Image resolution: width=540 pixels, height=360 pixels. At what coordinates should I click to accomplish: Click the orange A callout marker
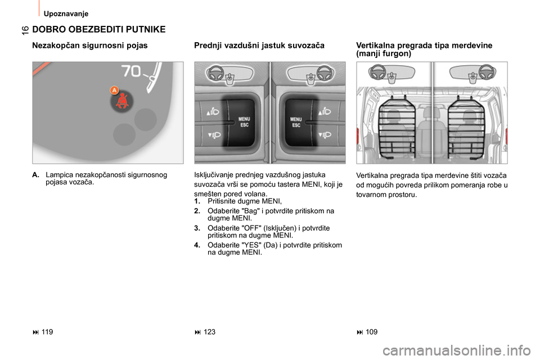coord(114,90)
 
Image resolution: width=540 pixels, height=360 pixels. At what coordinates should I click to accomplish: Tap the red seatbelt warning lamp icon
coord(121,102)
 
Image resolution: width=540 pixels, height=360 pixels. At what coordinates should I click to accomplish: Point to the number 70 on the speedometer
coord(132,71)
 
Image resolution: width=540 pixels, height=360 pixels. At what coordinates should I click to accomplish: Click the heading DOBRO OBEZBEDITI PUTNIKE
coord(99,29)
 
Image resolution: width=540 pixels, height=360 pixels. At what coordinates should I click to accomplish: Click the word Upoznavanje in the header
coord(66,13)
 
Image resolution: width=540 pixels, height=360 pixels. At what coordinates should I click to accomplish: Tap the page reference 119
coord(47,332)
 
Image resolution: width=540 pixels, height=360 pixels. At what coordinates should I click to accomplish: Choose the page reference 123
coord(209,332)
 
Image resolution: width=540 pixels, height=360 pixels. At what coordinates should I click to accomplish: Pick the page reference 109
coord(372,332)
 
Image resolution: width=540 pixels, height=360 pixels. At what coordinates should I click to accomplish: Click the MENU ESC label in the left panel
coord(244,122)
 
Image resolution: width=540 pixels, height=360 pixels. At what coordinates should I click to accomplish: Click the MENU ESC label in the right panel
coord(296,122)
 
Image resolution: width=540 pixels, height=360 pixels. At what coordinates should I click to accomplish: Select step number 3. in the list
coord(197,228)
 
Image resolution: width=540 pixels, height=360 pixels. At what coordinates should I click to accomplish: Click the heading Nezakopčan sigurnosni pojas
coord(90,46)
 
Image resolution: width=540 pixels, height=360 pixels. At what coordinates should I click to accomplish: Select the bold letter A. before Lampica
coord(35,175)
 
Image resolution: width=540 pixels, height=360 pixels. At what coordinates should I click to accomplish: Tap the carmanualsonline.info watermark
coord(457,351)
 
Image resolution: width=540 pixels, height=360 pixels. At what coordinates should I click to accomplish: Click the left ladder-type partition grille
coord(397,127)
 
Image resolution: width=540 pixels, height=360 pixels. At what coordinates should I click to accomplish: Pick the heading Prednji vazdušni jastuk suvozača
coord(259,46)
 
